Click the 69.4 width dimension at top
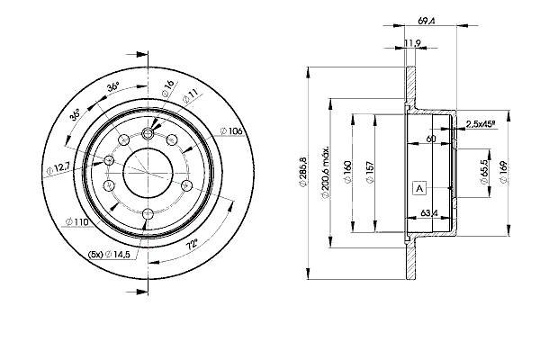pos(427,21)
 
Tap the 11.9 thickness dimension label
pos(412,43)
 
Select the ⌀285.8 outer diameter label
pos(302,172)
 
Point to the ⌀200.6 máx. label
pos(326,173)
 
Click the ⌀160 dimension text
pos(347,172)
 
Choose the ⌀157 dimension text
pos(370,172)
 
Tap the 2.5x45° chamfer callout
pos(481,124)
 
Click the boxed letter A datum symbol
pos(419,188)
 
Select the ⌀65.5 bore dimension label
pos(484,172)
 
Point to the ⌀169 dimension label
pos(503,172)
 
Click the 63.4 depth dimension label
pos(428,213)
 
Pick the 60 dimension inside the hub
pos(431,139)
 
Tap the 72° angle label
pos(192,246)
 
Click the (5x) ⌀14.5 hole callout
pos(109,255)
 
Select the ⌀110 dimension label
pos(76,222)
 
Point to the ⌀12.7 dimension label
pos(58,168)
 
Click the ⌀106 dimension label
pos(232,131)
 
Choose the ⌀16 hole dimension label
pos(168,88)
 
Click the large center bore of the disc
pos(148,173)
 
